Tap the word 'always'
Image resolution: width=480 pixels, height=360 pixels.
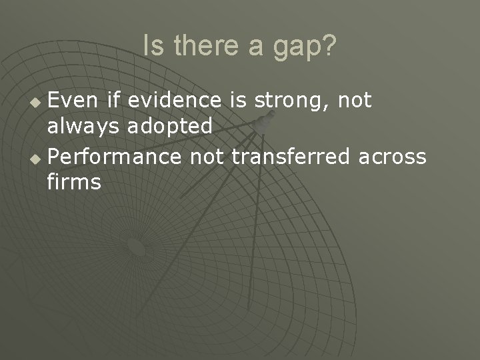82,127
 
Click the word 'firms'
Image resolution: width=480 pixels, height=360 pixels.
74,181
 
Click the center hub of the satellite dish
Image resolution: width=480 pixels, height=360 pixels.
137,247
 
